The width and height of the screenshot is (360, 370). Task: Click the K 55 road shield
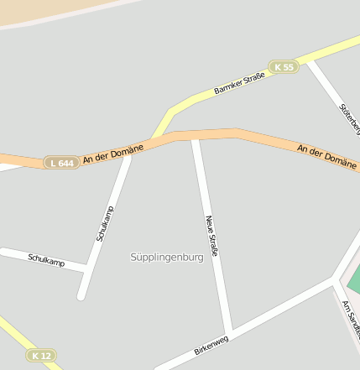284,66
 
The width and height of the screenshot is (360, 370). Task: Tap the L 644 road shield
61,162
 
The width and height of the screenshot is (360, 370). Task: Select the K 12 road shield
40,356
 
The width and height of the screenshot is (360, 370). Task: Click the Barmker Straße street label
239,83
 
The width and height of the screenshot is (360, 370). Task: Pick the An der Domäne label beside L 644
113,153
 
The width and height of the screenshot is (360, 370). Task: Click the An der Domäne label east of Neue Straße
326,154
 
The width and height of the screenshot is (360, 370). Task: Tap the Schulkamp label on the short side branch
46,261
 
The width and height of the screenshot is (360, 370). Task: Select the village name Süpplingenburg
167,257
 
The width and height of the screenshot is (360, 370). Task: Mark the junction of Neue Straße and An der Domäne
195,137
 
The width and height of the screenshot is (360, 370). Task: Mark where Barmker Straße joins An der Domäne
156,138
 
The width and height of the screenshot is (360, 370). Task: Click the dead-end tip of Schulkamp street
81,295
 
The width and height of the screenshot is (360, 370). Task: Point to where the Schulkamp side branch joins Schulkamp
87,268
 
